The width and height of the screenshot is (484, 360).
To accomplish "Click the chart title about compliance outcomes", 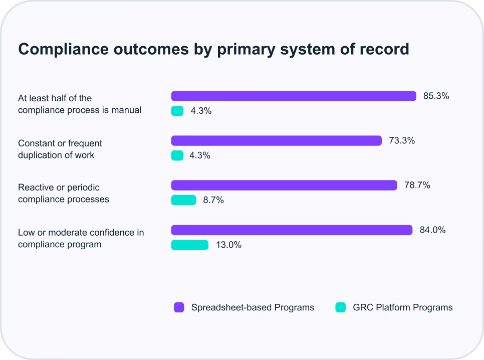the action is [x=213, y=50].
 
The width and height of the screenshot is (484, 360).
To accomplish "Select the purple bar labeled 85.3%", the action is [x=294, y=96].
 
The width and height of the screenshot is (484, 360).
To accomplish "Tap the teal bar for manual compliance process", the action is [x=177, y=111].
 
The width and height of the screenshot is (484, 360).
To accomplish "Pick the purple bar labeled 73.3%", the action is [x=276, y=140].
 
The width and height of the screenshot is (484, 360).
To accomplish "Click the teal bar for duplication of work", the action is [x=177, y=155].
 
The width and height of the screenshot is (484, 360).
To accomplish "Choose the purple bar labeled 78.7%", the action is [x=284, y=185].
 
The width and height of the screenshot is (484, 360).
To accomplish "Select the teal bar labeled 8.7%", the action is [x=184, y=200].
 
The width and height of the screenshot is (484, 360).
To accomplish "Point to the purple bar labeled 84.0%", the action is [x=292, y=230].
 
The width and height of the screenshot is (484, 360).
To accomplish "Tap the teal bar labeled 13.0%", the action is [x=190, y=245].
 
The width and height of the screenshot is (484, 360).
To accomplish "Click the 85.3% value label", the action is [x=436, y=96].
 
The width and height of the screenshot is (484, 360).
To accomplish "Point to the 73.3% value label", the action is [x=402, y=140].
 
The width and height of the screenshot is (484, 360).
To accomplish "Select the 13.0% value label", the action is [x=229, y=245].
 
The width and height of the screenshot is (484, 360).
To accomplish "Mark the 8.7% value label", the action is [x=213, y=200].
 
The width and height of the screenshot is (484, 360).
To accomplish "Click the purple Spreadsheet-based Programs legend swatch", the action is [x=179, y=307].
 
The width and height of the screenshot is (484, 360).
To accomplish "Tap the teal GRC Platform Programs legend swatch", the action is [x=341, y=307].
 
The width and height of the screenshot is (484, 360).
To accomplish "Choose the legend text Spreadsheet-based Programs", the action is [x=253, y=307].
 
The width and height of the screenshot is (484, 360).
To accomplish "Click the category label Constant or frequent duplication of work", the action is [x=60, y=149].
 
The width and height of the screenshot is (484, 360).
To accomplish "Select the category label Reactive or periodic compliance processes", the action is [x=64, y=194].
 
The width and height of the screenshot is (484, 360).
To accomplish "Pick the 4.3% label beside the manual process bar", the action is [x=201, y=111].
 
